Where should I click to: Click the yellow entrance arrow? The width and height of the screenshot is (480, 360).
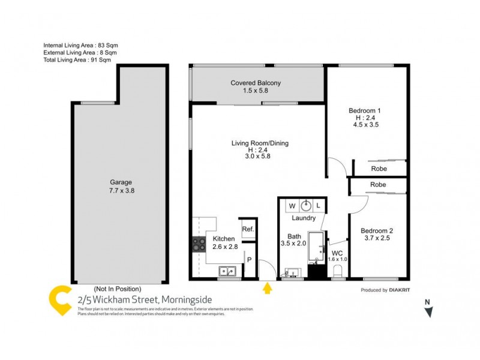tap(267, 289)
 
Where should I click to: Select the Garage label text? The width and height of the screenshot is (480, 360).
tap(121, 182)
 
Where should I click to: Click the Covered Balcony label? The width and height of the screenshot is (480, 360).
tap(256, 83)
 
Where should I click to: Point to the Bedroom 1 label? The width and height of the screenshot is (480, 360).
tap(365, 110)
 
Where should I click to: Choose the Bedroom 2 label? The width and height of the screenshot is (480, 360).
tap(377, 230)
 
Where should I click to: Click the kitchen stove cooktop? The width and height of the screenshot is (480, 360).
tap(199, 244)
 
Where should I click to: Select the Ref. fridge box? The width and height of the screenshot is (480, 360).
tap(248, 229)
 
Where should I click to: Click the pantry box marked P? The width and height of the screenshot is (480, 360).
tap(248, 260)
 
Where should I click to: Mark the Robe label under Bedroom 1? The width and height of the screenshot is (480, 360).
tap(378, 169)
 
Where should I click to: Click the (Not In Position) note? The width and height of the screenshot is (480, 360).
tap(118, 289)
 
